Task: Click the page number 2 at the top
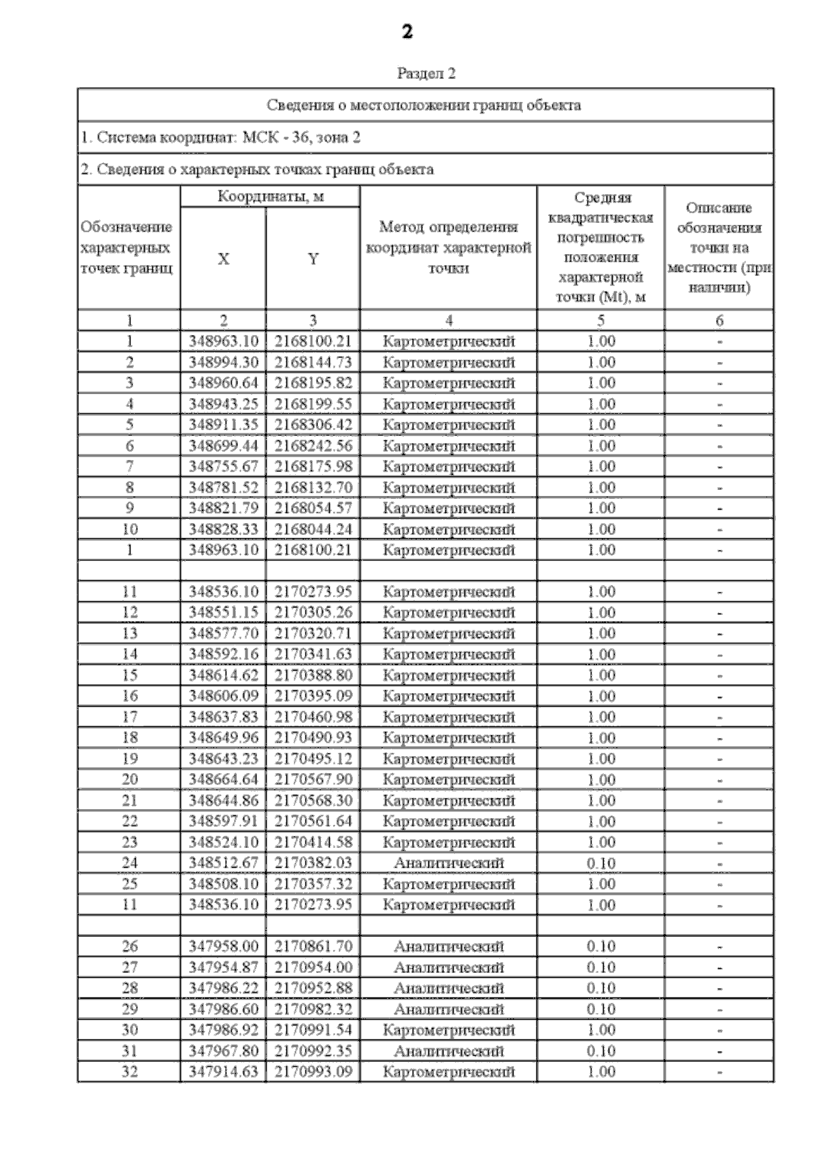click(407, 32)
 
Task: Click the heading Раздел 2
click(426, 73)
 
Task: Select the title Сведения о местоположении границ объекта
click(424, 105)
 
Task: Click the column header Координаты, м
click(270, 197)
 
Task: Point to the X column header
click(223, 259)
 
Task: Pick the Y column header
click(313, 259)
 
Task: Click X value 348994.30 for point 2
click(223, 362)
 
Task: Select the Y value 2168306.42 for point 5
click(313, 425)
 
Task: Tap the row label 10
click(129, 529)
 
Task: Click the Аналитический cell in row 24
click(448, 863)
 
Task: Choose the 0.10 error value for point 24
click(601, 863)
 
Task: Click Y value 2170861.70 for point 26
click(313, 946)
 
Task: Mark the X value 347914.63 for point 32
click(223, 1072)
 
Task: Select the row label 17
click(129, 717)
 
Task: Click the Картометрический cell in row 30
click(448, 1030)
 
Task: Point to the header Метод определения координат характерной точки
click(448, 247)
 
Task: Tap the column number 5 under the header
click(601, 321)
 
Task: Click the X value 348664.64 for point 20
click(223, 779)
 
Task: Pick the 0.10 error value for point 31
click(601, 1051)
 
